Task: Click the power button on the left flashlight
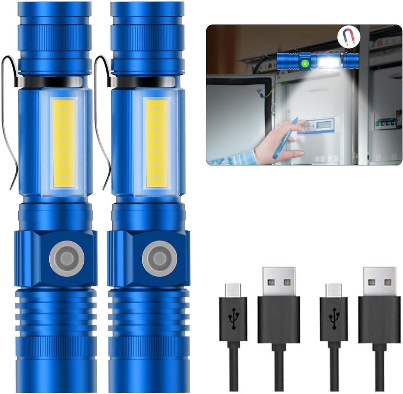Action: [x=67, y=258]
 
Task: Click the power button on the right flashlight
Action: [x=159, y=258]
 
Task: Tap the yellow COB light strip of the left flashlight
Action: [x=64, y=143]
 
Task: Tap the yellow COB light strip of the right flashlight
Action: [x=156, y=143]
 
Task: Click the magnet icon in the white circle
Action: [x=347, y=38]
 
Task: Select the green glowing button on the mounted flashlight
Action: [x=305, y=64]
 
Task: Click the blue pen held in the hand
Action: [x=285, y=138]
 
